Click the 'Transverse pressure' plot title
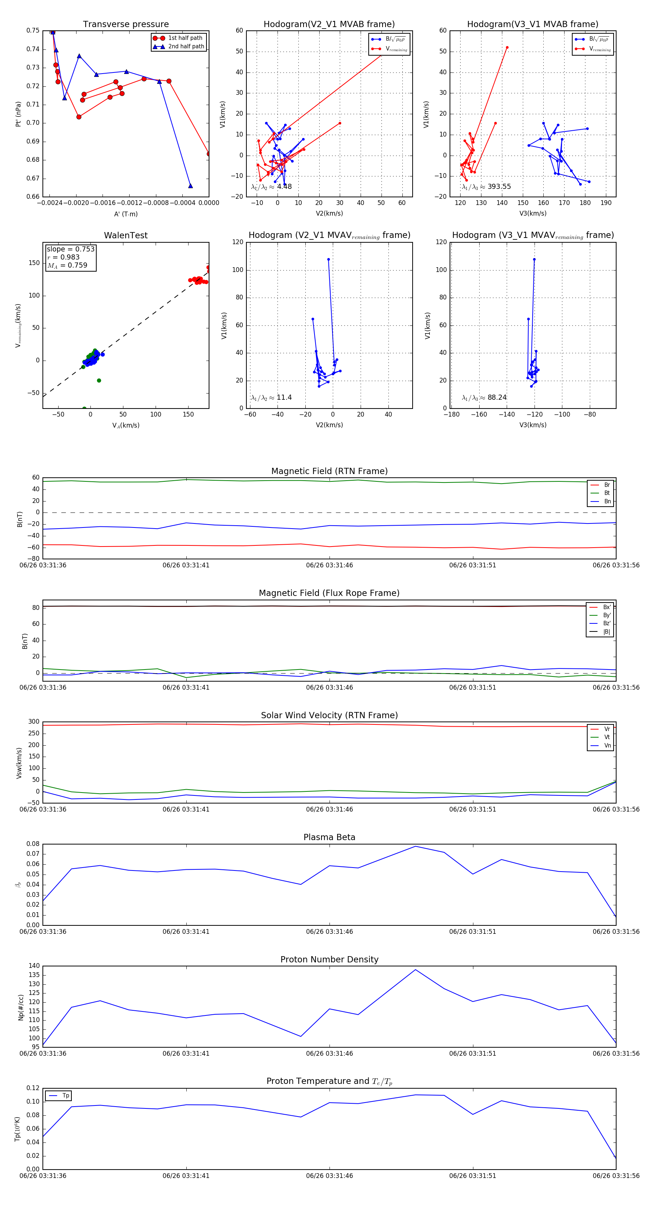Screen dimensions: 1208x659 126,25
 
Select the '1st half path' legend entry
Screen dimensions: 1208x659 185,38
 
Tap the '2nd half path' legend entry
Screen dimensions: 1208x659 186,46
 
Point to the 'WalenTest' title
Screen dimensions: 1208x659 126,235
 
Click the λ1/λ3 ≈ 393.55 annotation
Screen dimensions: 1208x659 487,187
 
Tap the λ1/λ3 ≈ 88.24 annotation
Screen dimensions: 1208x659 484,398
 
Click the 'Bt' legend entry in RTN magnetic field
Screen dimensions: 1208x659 607,493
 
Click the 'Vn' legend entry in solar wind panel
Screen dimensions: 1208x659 607,746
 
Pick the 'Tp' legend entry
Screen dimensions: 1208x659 65,1096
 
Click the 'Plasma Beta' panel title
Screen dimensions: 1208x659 329,838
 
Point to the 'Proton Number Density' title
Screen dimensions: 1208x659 329,959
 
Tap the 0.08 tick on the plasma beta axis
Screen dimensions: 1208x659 33,844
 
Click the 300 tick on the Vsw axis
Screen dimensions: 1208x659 34,722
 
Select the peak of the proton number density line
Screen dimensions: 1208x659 415,970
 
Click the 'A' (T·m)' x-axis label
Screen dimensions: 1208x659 126,214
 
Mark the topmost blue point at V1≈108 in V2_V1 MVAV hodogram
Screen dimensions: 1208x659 328,259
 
